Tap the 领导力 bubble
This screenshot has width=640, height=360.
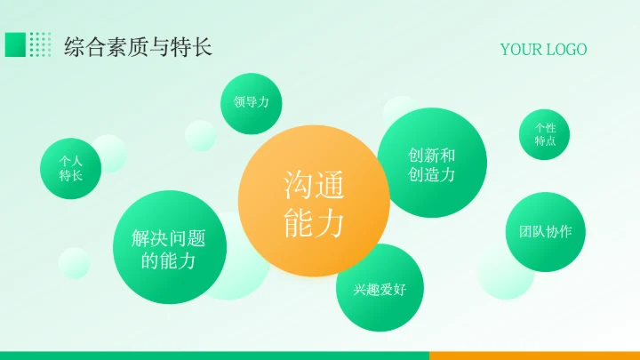pyautogui.click(x=252, y=103)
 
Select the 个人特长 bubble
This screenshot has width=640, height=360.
pyautogui.click(x=70, y=168)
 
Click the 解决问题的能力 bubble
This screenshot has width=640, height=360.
pyautogui.click(x=169, y=250)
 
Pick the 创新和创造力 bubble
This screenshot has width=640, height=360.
pyautogui.click(x=432, y=164)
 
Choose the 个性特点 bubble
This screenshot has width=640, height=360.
pyautogui.click(x=545, y=134)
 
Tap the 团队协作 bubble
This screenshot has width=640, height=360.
pyautogui.click(x=545, y=232)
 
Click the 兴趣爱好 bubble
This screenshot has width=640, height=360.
pyautogui.click(x=380, y=288)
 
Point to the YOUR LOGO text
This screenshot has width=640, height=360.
pyautogui.click(x=543, y=49)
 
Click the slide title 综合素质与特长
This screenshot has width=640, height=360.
pyautogui.click(x=139, y=47)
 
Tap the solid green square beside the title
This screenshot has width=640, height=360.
pyautogui.click(x=15, y=44)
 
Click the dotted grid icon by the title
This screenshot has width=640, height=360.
pyautogui.click(x=40, y=44)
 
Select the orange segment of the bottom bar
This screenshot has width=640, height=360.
pyautogui.click(x=534, y=356)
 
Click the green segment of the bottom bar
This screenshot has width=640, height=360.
pyautogui.click(x=213, y=356)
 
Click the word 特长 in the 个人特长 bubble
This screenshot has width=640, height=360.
pyautogui.click(x=70, y=176)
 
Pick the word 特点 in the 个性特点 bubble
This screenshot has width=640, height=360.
pyautogui.click(x=545, y=141)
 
